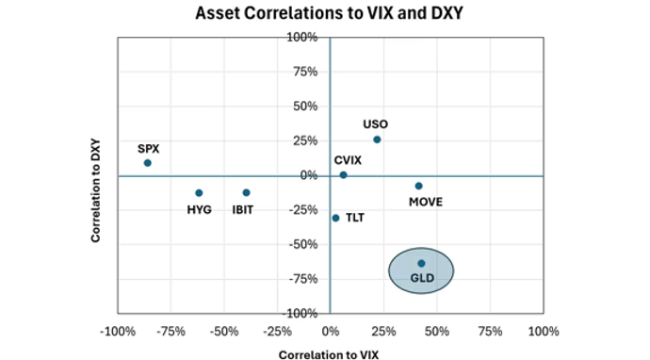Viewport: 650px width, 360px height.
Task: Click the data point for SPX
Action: [148, 163]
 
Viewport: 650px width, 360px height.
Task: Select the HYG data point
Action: [199, 192]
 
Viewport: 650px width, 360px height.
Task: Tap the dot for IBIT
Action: [246, 192]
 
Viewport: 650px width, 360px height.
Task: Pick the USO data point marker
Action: [377, 139]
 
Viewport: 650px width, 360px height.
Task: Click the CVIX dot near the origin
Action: [343, 174]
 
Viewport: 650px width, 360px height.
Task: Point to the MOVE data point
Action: [418, 186]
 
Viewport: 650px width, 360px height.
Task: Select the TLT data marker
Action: [335, 218]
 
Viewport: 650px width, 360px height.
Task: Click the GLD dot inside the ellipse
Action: [421, 263]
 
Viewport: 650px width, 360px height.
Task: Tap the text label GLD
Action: [421, 279]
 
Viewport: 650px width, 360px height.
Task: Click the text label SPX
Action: [149, 148]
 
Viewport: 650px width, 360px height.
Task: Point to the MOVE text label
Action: [425, 202]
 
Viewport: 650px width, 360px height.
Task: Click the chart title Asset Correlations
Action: [329, 14]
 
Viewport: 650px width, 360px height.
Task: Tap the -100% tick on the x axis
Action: [117, 332]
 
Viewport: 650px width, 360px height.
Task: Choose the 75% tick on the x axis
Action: [490, 332]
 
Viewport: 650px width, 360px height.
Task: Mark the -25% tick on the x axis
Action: [276, 332]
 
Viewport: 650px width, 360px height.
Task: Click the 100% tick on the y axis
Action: [303, 38]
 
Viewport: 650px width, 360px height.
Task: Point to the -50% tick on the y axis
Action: [303, 244]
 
